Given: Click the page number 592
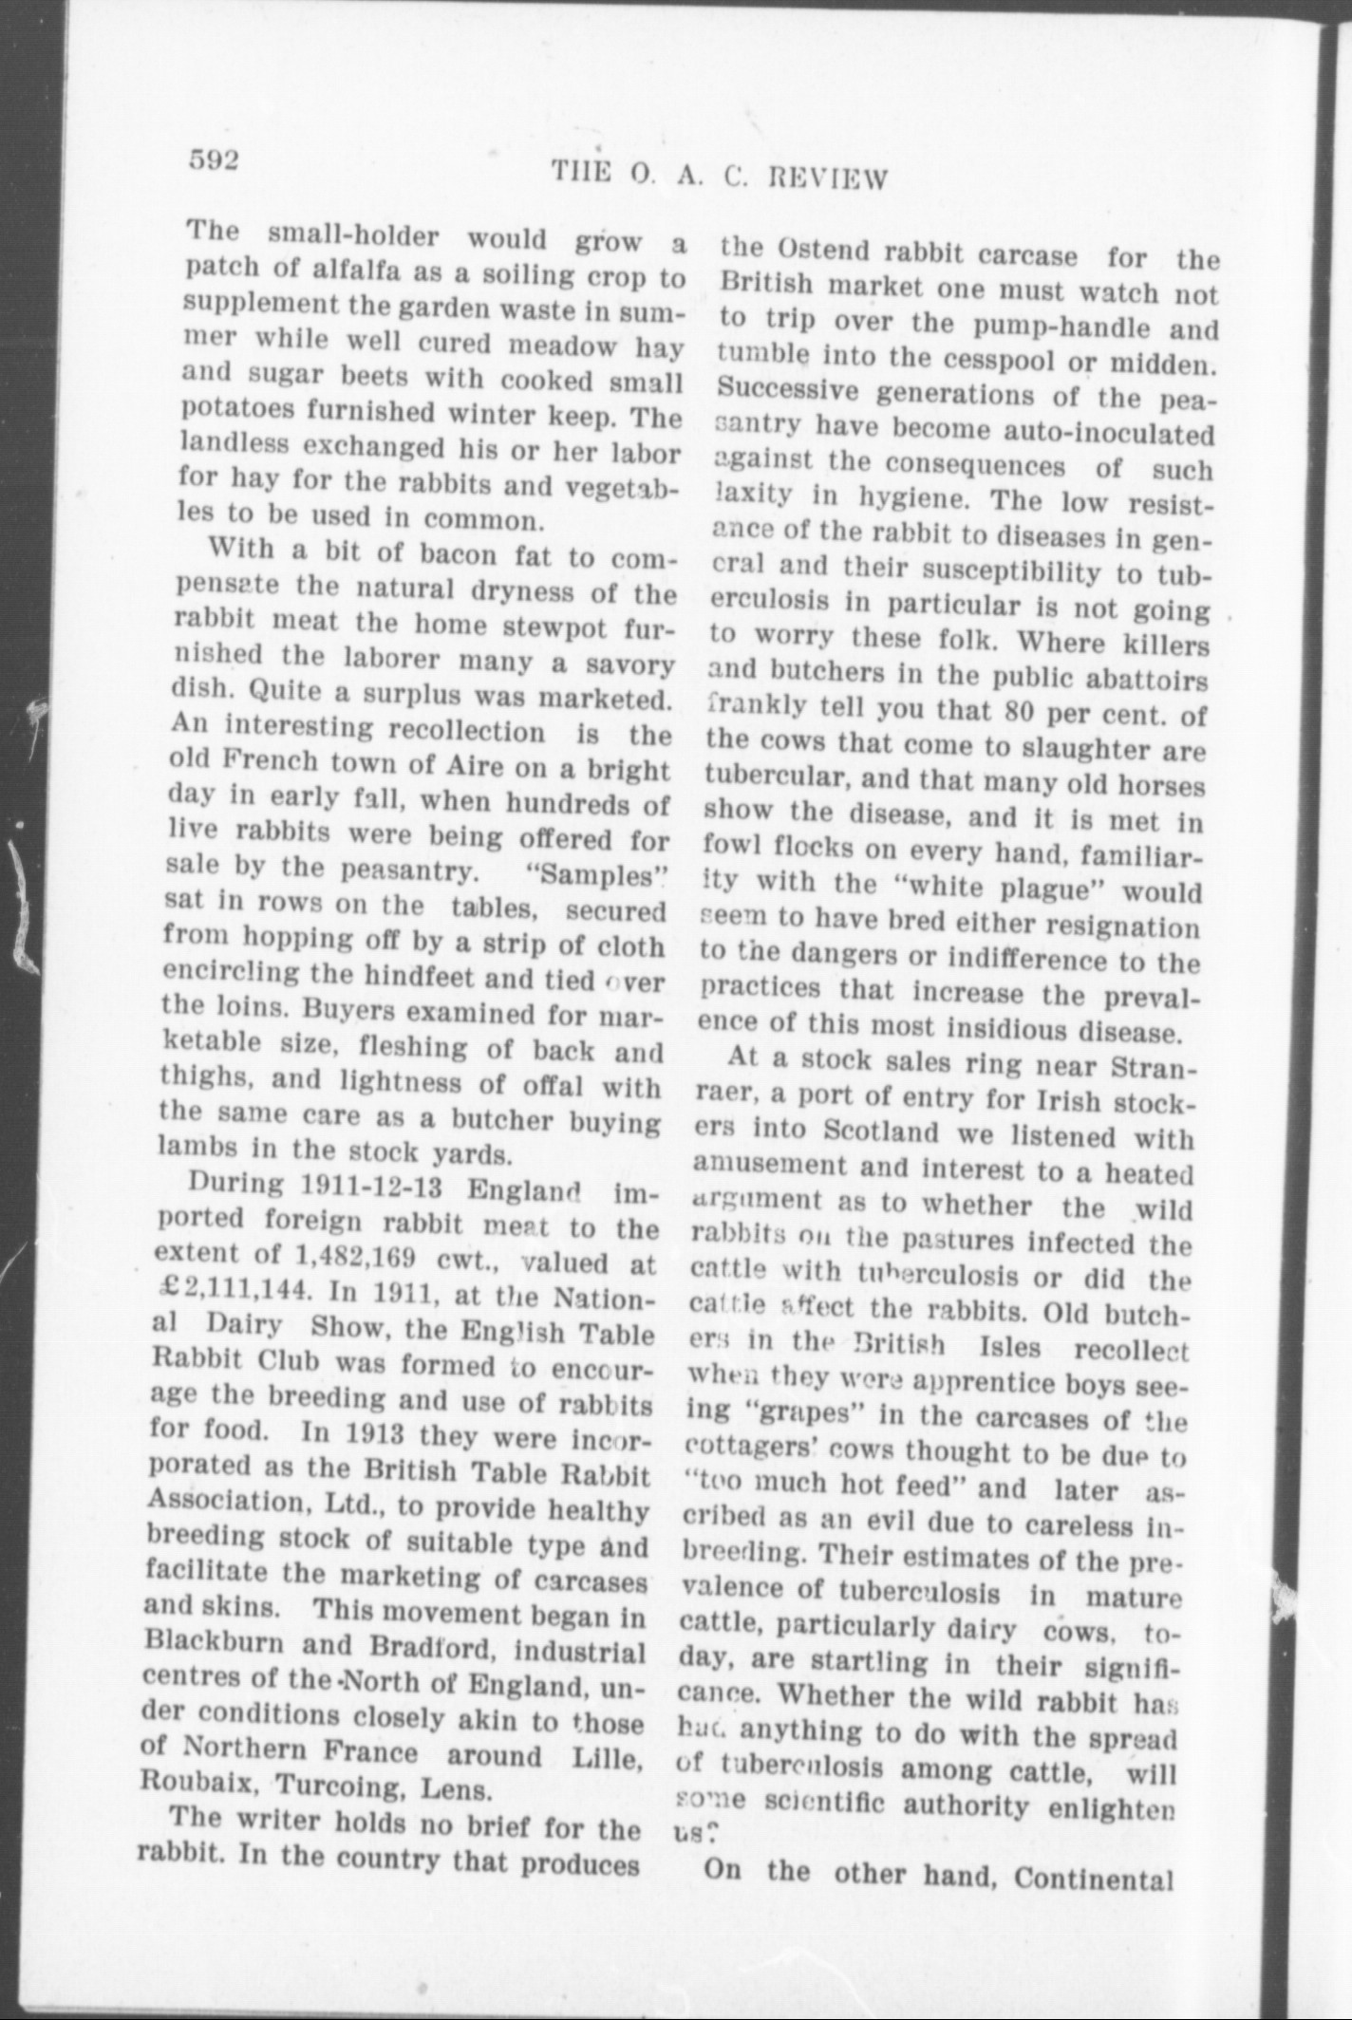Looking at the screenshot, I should [212, 159].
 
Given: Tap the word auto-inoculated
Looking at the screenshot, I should [1110, 433].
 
